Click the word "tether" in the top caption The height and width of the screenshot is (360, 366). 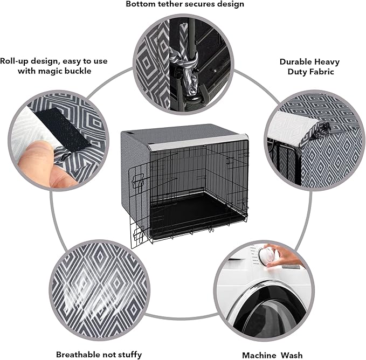click(x=173, y=4)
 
